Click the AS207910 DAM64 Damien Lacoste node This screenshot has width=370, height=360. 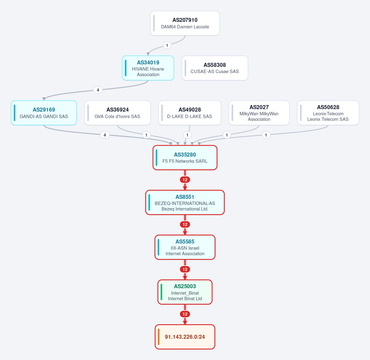coord(185,23)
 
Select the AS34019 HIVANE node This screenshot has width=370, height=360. coord(148,68)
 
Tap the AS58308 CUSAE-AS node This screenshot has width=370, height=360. coord(215,68)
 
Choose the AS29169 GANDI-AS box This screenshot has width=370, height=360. coord(44,113)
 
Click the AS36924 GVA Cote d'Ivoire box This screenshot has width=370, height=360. coord(117,113)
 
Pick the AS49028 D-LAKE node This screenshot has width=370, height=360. coord(190,113)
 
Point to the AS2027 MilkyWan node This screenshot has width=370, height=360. coord(259,113)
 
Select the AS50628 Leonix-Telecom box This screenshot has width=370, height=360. coord(328,113)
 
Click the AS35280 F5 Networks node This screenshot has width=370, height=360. coord(185,157)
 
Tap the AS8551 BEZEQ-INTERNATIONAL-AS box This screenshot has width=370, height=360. coord(185,202)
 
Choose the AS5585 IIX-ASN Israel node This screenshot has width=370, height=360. coord(185,247)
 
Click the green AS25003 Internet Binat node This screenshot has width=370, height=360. coord(185,292)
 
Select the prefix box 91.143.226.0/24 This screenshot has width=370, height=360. coord(185,337)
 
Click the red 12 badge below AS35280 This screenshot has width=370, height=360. coord(185,180)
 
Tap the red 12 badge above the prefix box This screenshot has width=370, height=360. coord(185,314)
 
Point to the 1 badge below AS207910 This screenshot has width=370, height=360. coord(167,45)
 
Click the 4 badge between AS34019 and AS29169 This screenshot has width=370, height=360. coord(98,90)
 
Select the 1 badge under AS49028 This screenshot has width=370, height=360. coord(187,135)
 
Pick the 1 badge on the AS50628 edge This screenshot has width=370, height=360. coord(266,135)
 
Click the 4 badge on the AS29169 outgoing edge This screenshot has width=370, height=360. coord(105,135)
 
